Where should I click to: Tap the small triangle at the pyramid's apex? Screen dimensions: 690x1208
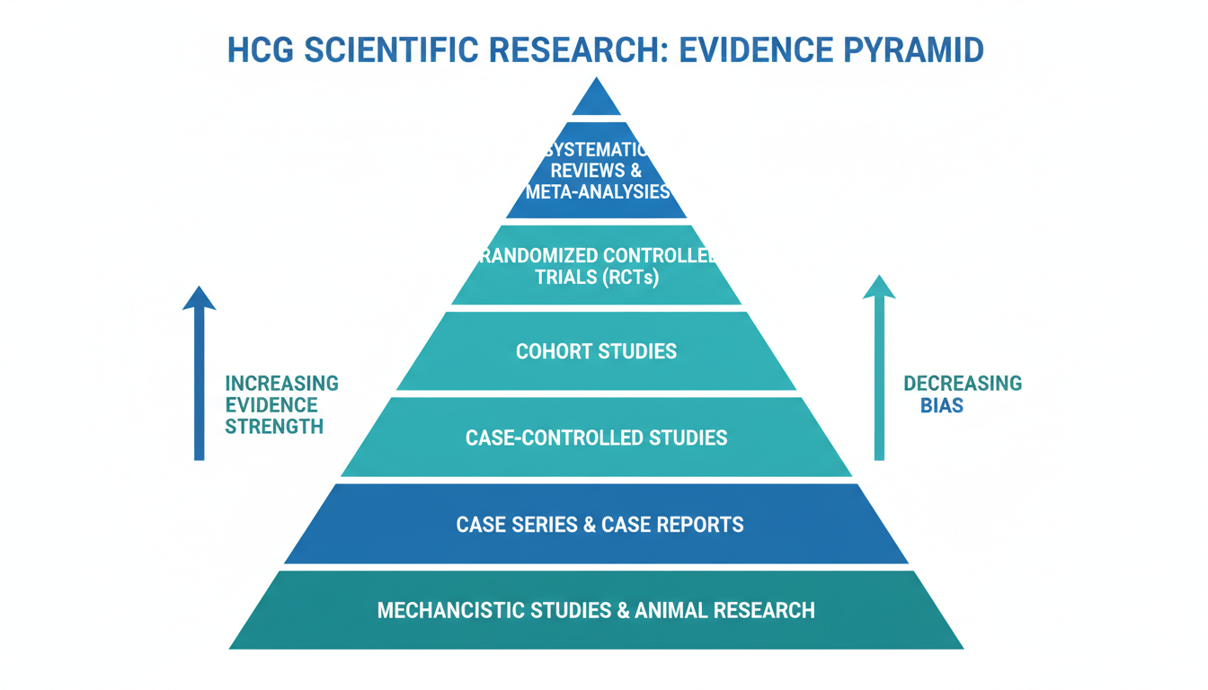(x=596, y=100)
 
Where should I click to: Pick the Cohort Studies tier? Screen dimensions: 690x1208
(x=596, y=351)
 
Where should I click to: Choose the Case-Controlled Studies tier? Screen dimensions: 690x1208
(x=596, y=438)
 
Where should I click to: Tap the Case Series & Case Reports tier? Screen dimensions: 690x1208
(x=596, y=524)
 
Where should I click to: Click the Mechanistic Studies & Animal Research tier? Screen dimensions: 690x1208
(x=596, y=610)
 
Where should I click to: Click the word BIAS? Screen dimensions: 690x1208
(x=941, y=406)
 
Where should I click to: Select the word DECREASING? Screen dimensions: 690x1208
(x=963, y=384)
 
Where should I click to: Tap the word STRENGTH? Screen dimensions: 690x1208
(x=274, y=428)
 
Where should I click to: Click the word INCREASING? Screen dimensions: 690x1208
(x=281, y=384)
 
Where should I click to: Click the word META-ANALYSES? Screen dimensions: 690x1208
(x=598, y=191)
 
